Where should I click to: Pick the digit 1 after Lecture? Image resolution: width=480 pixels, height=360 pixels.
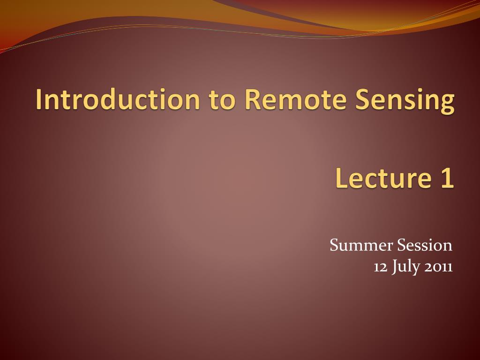tap(447, 179)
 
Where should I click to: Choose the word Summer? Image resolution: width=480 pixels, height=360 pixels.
tap(361, 245)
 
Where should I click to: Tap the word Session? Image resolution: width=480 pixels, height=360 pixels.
tap(425, 245)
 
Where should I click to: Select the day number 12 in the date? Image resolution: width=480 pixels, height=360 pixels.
tap(380, 267)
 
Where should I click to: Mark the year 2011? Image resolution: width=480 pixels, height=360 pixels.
tap(438, 267)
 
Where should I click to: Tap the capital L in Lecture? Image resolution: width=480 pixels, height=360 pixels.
tap(341, 179)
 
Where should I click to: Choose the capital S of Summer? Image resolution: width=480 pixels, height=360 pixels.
tap(334, 245)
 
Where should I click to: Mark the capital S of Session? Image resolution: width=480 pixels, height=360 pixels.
tap(401, 245)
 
